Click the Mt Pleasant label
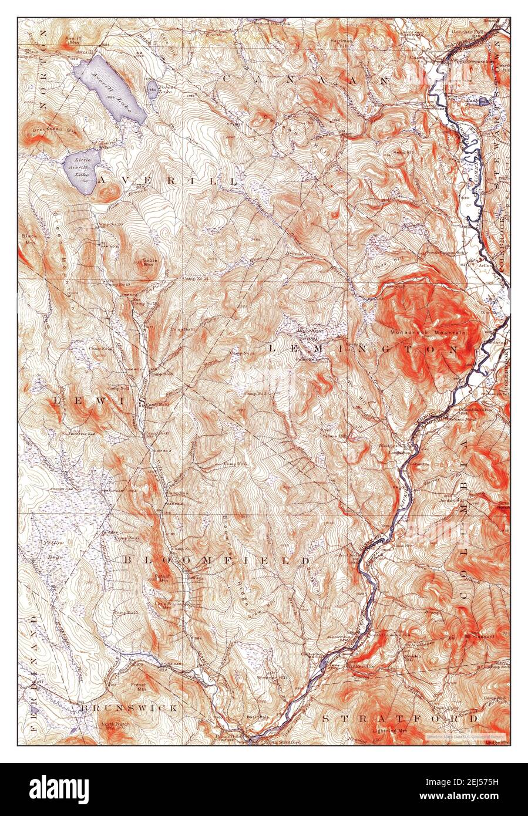pos(479,635)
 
